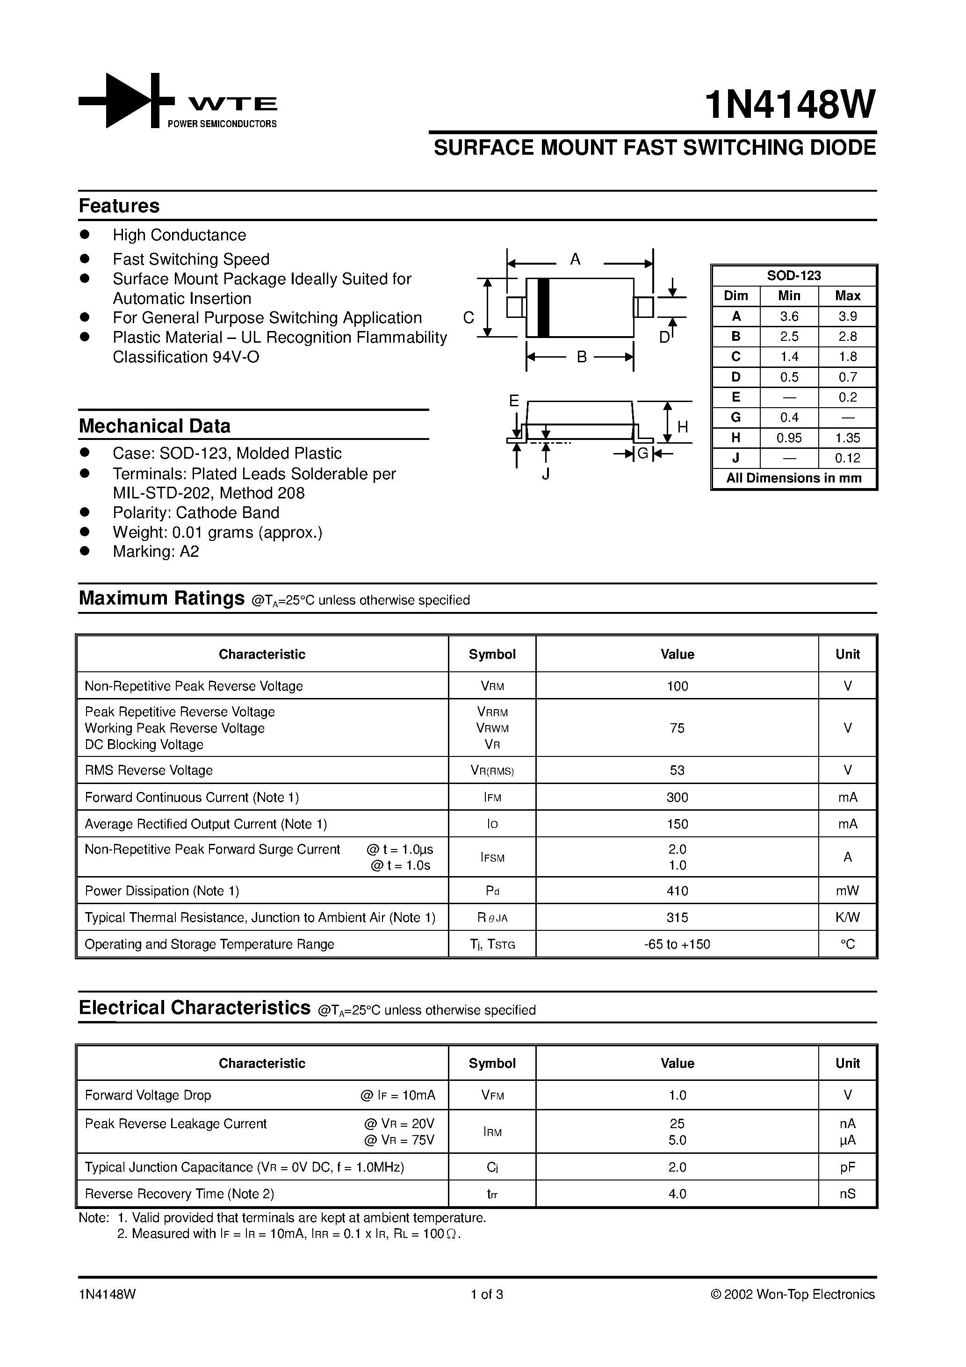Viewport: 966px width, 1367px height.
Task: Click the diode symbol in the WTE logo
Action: [x=126, y=100]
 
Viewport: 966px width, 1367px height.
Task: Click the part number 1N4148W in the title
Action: [x=790, y=105]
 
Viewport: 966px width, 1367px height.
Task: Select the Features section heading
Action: [x=119, y=206]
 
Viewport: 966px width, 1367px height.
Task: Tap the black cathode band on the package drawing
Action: [x=542, y=307]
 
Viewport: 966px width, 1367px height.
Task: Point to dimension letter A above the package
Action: [x=575, y=259]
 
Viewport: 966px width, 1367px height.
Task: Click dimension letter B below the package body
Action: [x=582, y=357]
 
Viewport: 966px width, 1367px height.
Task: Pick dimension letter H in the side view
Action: [x=683, y=426]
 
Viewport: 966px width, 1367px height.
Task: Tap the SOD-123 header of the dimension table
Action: [x=794, y=276]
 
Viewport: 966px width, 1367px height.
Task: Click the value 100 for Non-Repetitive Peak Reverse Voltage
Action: [x=677, y=686]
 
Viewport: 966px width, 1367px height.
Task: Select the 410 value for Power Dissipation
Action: [x=677, y=891]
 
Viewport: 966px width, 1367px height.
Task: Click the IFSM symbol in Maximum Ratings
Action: [x=492, y=857]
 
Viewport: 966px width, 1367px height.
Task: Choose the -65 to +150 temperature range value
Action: [x=677, y=944]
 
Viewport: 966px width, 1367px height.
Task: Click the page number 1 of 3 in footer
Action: [x=487, y=1295]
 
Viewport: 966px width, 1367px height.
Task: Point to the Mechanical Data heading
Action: [x=154, y=426]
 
